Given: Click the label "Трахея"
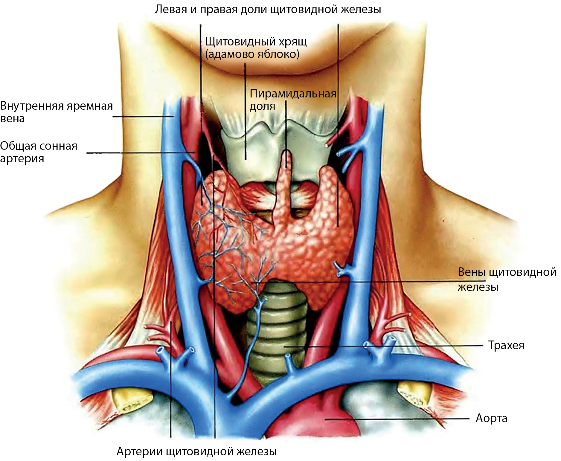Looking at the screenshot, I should click(506, 345).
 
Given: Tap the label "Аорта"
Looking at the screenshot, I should click(491, 418).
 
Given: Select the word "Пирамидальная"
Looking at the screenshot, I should click(293, 94).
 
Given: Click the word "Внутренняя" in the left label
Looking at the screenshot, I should click(32, 106).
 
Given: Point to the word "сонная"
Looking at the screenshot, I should click(58, 146).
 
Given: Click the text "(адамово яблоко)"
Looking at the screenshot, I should click(252, 54).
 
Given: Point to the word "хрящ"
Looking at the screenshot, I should click(293, 42).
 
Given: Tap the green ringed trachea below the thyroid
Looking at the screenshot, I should click(275, 332).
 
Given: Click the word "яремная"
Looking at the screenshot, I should click(89, 106).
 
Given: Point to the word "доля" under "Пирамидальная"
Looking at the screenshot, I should click(262, 106).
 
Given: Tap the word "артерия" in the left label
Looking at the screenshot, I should click(22, 158).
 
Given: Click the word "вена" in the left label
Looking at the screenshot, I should click(12, 119).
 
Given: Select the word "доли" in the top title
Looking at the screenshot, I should click(254, 10).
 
